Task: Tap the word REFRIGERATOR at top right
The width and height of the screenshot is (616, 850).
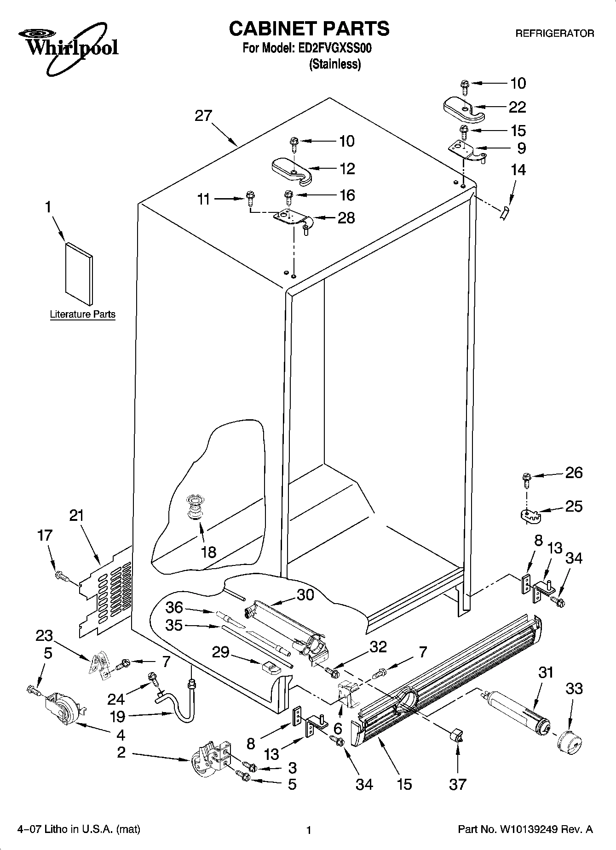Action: (x=554, y=34)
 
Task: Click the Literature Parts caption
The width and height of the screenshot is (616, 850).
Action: (x=82, y=315)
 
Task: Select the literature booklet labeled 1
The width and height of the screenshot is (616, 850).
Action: (x=79, y=274)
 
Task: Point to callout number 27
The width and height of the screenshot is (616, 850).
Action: (x=203, y=115)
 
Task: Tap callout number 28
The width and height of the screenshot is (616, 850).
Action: (x=346, y=217)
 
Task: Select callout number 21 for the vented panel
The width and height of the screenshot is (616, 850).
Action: (x=77, y=516)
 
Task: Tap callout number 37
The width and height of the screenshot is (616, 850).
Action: (x=458, y=784)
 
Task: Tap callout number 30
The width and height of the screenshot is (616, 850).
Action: (x=305, y=595)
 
